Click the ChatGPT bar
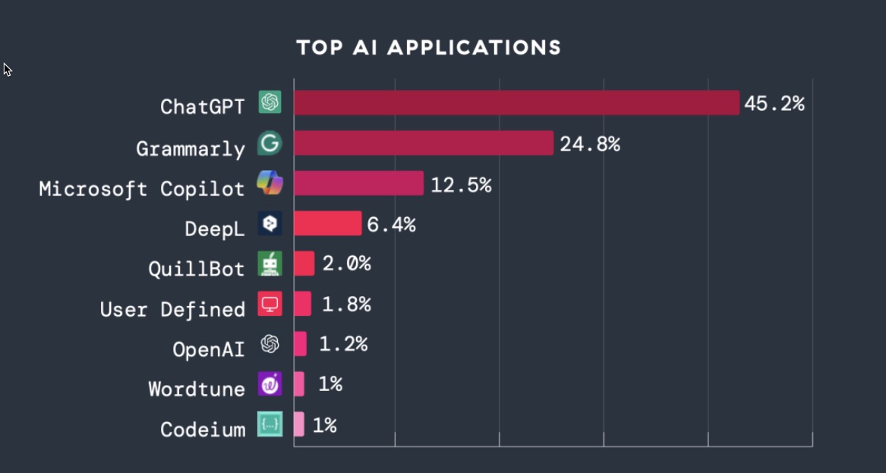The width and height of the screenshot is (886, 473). click(516, 102)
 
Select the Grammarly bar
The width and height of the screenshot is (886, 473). click(424, 143)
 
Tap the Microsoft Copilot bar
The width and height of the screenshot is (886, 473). click(358, 183)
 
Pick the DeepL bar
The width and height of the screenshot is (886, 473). click(327, 223)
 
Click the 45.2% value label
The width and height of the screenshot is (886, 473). click(774, 104)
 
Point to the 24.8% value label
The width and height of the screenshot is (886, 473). click(590, 144)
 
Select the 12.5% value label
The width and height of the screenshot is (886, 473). click(461, 184)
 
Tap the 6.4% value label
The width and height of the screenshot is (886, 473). click(391, 225)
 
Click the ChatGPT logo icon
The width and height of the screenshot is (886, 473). click(270, 102)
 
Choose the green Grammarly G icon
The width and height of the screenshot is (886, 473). click(270, 143)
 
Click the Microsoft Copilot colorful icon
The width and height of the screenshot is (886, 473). click(270, 183)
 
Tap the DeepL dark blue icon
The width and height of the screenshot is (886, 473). click(270, 223)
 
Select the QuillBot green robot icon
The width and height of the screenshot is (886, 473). click(270, 263)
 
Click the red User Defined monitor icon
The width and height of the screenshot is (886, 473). click(270, 304)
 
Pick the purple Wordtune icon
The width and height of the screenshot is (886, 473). click(270, 384)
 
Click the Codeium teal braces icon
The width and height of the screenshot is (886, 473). click(270, 424)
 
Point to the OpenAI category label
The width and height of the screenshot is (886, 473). click(209, 349)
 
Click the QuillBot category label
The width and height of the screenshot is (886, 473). click(197, 269)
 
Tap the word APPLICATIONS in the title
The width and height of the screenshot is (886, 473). click(475, 48)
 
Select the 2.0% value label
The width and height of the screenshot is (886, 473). click(346, 264)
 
